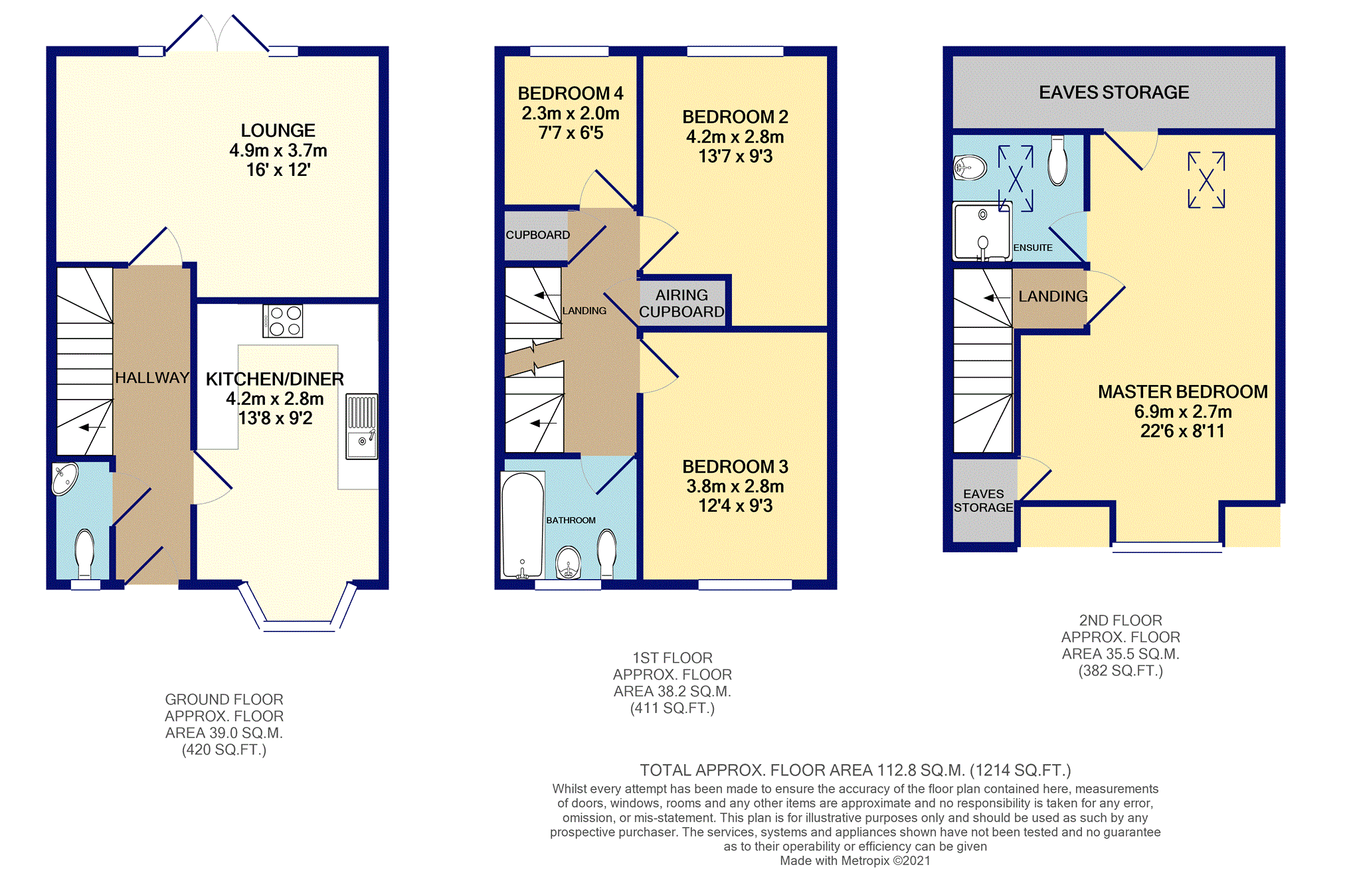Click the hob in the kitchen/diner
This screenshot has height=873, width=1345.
(x=282, y=321)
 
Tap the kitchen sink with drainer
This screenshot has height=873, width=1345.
(x=361, y=426)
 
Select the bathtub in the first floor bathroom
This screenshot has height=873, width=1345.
(x=523, y=524)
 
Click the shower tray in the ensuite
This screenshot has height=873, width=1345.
(x=982, y=232)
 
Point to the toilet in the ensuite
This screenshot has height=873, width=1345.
(x=1057, y=161)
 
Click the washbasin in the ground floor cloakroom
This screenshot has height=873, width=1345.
(x=65, y=479)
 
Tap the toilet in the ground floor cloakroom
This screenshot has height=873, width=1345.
(x=84, y=554)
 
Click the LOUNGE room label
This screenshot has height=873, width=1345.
(x=278, y=130)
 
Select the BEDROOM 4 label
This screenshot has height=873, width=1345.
(x=571, y=94)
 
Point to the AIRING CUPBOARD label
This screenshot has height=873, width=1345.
(x=681, y=303)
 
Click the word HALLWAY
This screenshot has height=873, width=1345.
(x=152, y=378)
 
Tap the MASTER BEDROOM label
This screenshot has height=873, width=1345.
(x=1182, y=392)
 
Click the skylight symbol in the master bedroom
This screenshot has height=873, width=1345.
(x=1206, y=180)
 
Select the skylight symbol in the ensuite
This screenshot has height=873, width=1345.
(x=1016, y=178)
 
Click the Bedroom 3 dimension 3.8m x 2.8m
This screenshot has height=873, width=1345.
(x=735, y=486)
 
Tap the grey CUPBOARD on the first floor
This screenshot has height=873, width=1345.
(x=537, y=235)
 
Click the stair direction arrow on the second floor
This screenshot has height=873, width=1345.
(x=998, y=298)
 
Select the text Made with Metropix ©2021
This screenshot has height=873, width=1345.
(x=855, y=860)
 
